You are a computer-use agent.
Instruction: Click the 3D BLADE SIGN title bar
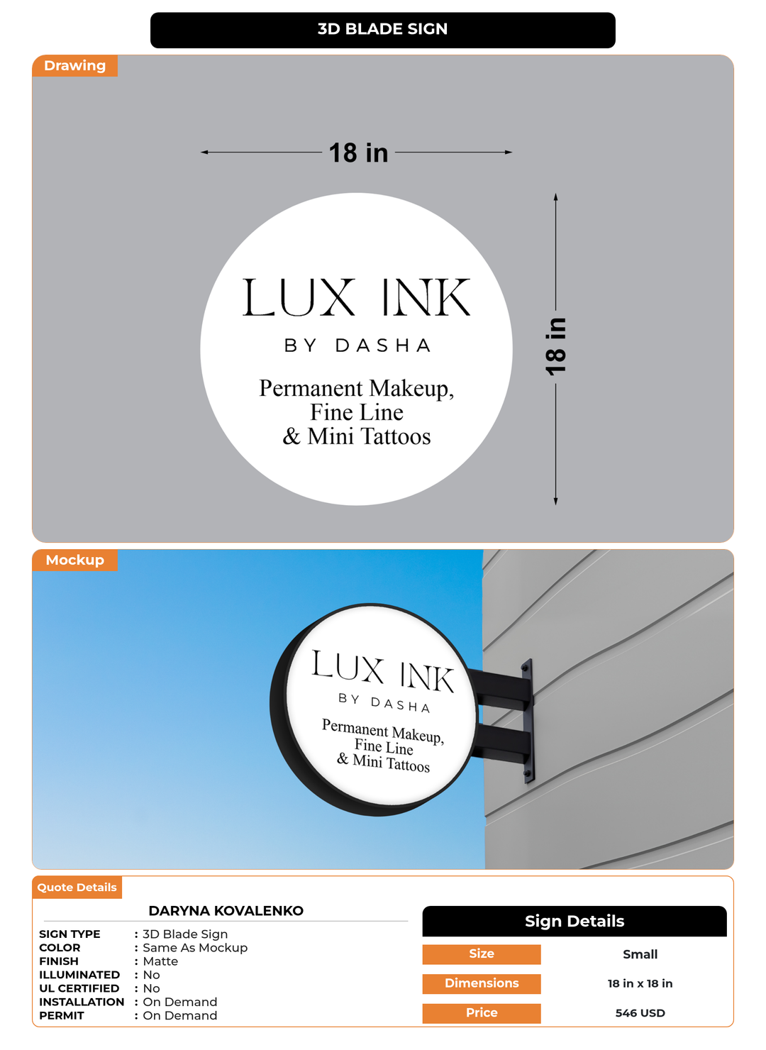pyautogui.click(x=382, y=30)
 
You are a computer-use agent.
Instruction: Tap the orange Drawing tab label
pyautogui.click(x=74, y=66)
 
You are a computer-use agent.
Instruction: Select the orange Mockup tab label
pyautogui.click(x=74, y=560)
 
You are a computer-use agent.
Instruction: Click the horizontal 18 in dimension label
pyautogui.click(x=358, y=153)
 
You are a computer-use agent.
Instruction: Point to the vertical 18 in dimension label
pyautogui.click(x=556, y=347)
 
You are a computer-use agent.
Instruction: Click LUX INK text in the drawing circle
pyautogui.click(x=356, y=298)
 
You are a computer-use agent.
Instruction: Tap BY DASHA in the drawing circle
pyautogui.click(x=357, y=346)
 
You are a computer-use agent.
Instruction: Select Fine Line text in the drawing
pyautogui.click(x=357, y=412)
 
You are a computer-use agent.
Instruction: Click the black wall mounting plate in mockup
pyautogui.click(x=528, y=720)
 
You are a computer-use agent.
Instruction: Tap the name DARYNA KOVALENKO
pyautogui.click(x=226, y=911)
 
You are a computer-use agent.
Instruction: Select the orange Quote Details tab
pyautogui.click(x=77, y=888)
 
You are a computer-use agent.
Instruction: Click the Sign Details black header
pyautogui.click(x=574, y=922)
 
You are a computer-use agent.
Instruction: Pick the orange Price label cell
pyautogui.click(x=482, y=1013)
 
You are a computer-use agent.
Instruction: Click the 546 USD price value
pyautogui.click(x=640, y=1013)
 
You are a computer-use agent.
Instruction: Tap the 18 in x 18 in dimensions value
pyautogui.click(x=640, y=983)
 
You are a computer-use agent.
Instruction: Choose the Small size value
pyautogui.click(x=640, y=954)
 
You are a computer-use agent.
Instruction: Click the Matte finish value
pyautogui.click(x=160, y=961)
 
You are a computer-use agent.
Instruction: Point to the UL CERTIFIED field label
pyautogui.click(x=79, y=988)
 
